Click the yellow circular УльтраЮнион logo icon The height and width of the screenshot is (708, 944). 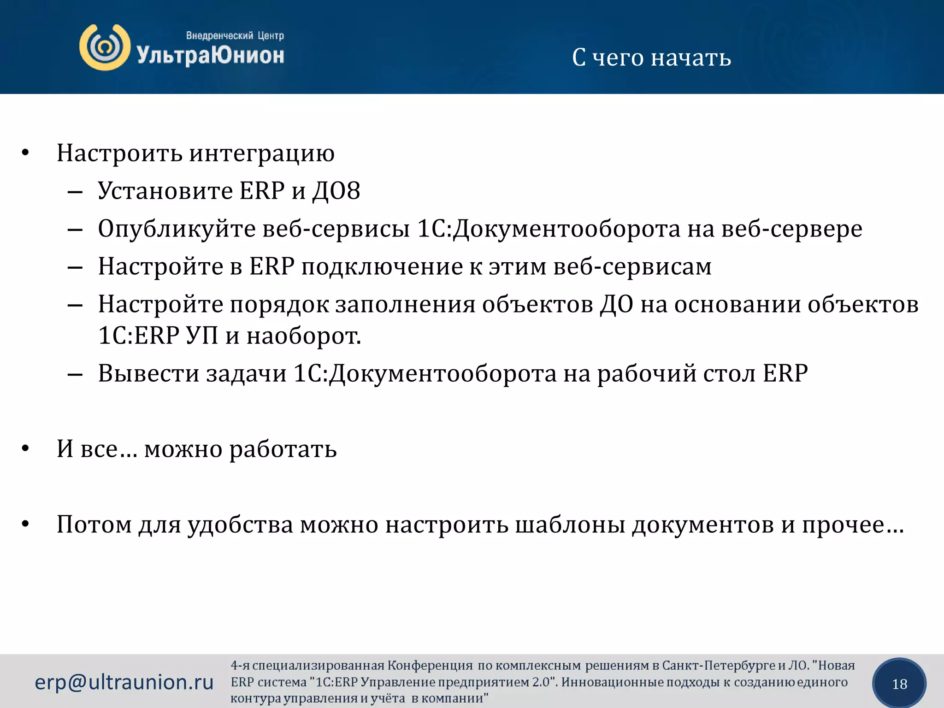(105, 47)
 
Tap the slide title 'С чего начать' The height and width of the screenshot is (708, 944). (651, 58)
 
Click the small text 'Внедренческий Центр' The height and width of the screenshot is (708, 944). (235, 35)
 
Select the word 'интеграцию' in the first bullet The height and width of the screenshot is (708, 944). (262, 153)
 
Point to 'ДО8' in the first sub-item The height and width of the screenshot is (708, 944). (336, 191)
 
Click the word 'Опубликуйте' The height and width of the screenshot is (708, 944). (177, 229)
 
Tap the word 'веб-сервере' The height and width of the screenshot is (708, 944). (791, 229)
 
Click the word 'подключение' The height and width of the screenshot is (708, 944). (382, 267)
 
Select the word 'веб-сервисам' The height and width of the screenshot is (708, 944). (632, 267)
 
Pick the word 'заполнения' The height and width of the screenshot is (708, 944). (405, 305)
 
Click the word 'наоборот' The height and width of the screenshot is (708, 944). (303, 336)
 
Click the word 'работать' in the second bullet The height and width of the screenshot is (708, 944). (283, 449)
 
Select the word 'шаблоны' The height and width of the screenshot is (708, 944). (570, 525)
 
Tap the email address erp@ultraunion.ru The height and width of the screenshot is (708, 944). (124, 682)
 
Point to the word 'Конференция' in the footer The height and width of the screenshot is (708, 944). (430, 666)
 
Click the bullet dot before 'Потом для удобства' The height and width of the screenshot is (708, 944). (25, 524)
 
